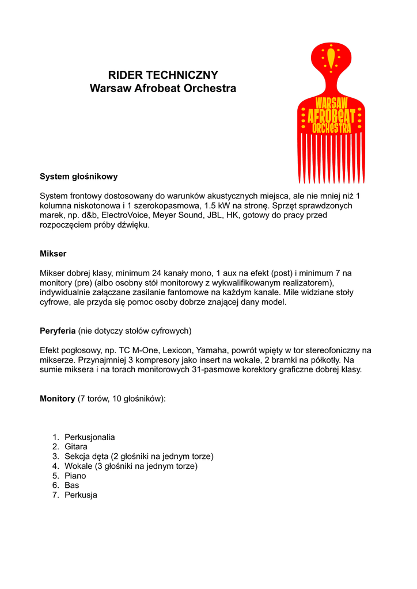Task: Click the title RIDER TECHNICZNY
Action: click(x=163, y=75)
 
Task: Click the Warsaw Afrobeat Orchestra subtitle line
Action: click(x=163, y=89)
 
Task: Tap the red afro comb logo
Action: click(x=331, y=109)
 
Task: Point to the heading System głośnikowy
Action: click(x=78, y=177)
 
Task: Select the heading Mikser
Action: click(x=53, y=254)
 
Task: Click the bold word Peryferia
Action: click(x=58, y=331)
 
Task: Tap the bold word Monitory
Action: click(x=57, y=399)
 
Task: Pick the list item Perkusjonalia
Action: click(x=89, y=437)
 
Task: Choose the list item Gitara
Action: click(x=76, y=447)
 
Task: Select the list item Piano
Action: click(x=75, y=476)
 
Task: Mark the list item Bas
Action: click(x=72, y=485)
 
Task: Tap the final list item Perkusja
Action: click(x=81, y=495)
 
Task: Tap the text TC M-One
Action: click(x=138, y=350)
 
